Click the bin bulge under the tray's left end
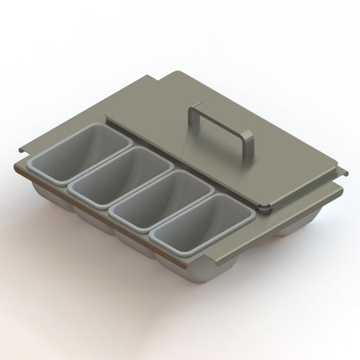coord(47,194)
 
